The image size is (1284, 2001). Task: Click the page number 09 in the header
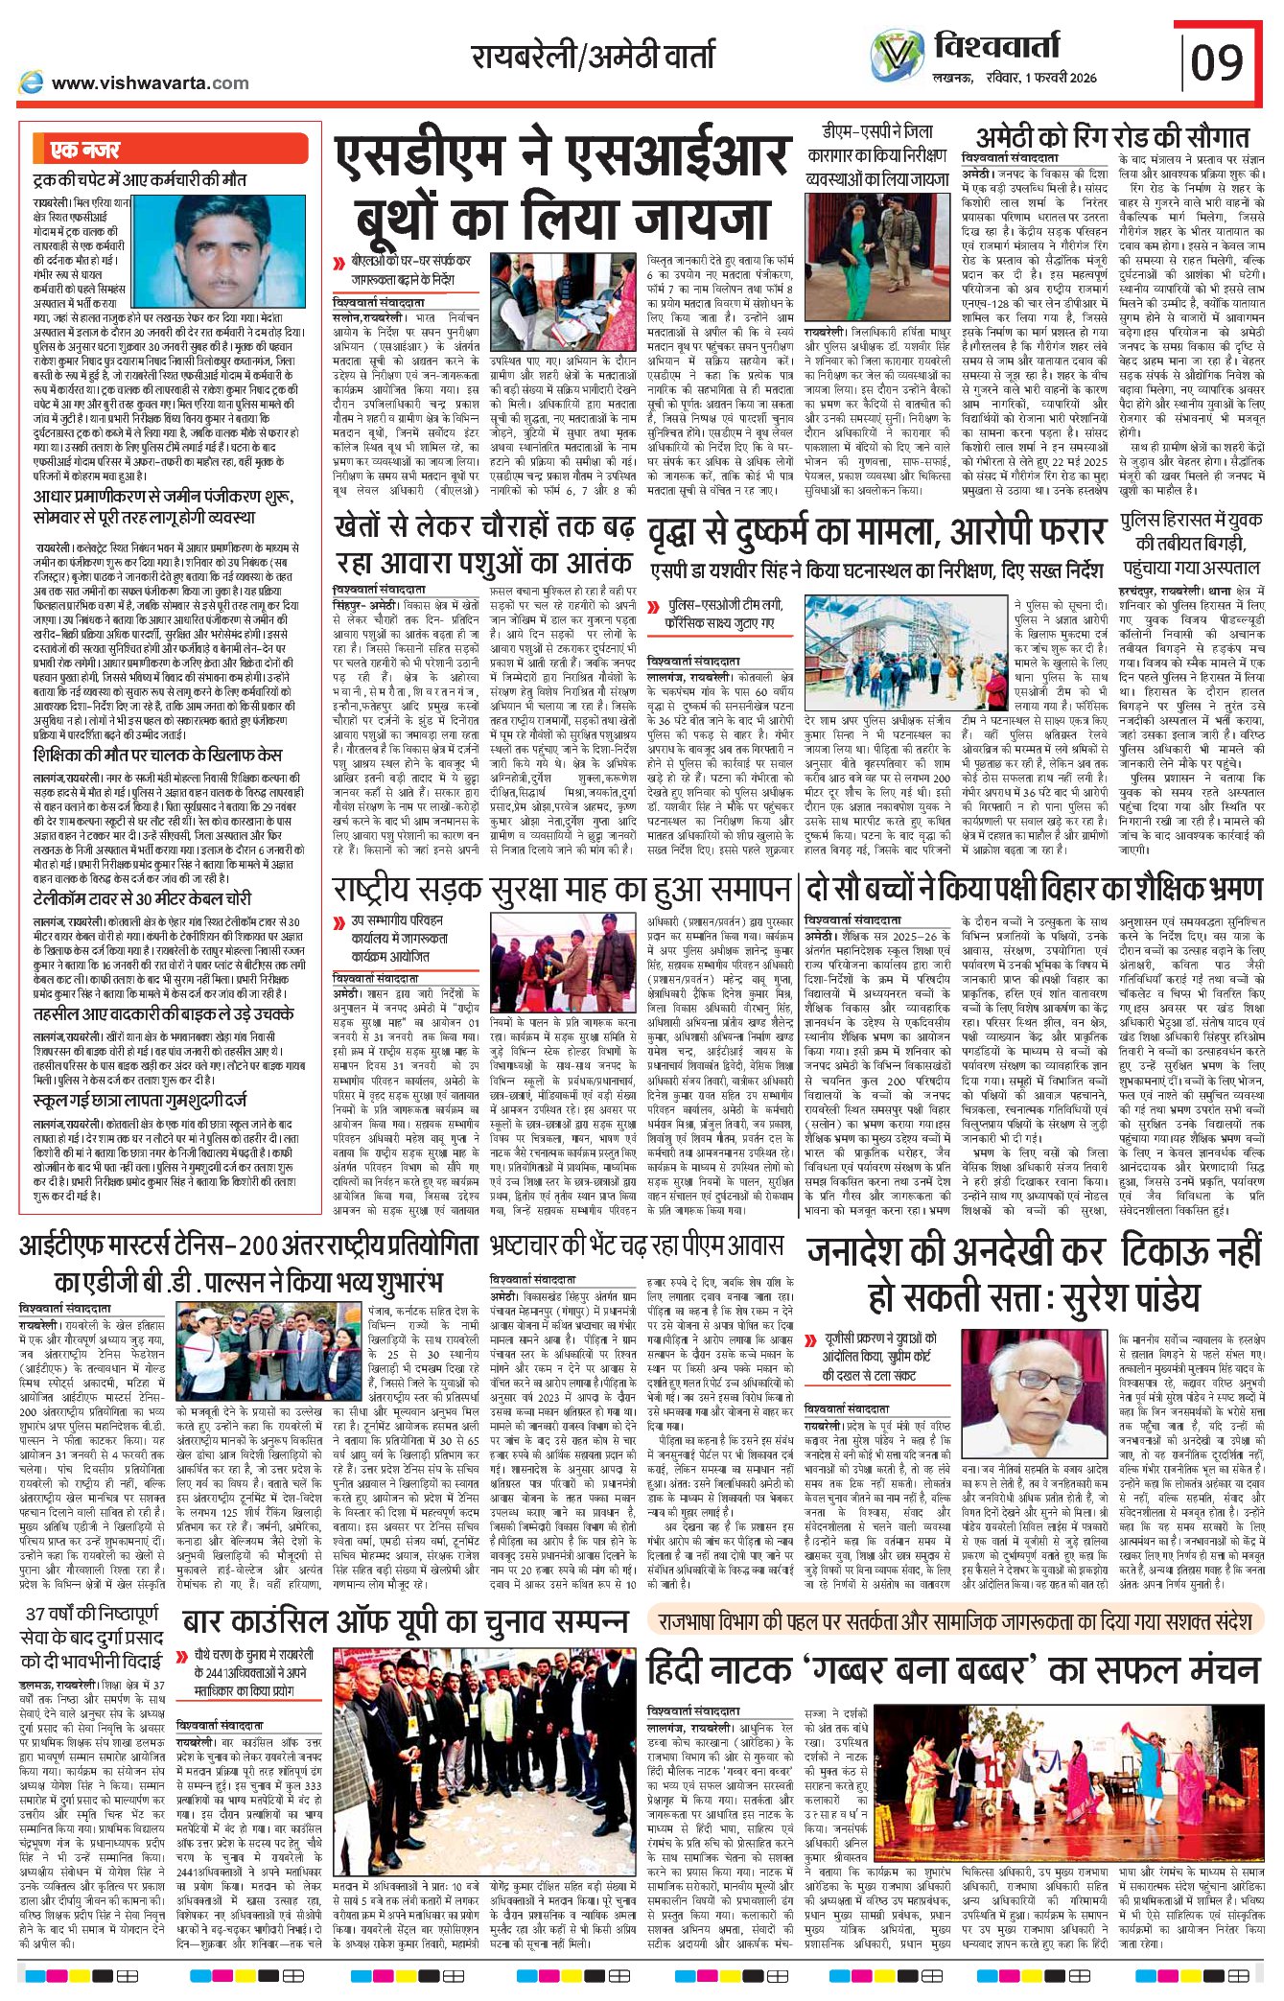click(x=1217, y=63)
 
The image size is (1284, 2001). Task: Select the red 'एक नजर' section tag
click(x=86, y=150)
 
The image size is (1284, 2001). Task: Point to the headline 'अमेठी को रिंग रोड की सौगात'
click(x=1111, y=137)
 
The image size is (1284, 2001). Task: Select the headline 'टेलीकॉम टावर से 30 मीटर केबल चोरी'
click(x=142, y=898)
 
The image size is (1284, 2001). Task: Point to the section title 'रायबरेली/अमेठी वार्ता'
click(x=593, y=56)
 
